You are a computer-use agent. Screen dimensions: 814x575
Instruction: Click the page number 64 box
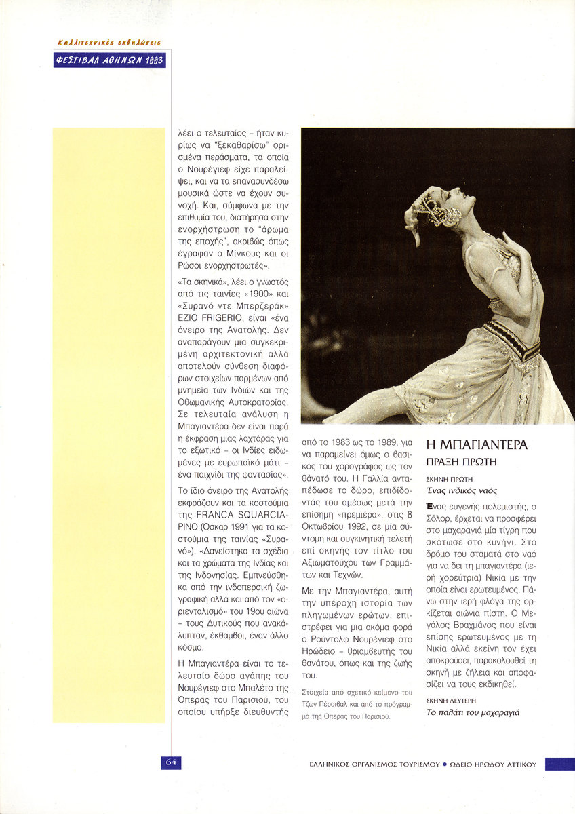coord(171,762)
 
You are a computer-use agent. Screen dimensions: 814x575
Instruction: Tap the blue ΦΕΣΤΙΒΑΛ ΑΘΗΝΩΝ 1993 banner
coord(109,60)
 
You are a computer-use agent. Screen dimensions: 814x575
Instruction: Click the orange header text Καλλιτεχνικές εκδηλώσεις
coord(108,42)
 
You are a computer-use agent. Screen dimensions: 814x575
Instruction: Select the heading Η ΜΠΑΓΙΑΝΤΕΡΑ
coord(477,445)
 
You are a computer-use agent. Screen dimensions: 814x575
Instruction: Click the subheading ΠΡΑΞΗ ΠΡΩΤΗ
coord(462,462)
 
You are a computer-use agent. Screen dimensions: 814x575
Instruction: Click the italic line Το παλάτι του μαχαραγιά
coord(472,713)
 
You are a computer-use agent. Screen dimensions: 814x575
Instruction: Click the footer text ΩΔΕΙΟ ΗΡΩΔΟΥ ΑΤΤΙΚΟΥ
coord(493,764)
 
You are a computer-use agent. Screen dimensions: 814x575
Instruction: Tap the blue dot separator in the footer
coord(445,764)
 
